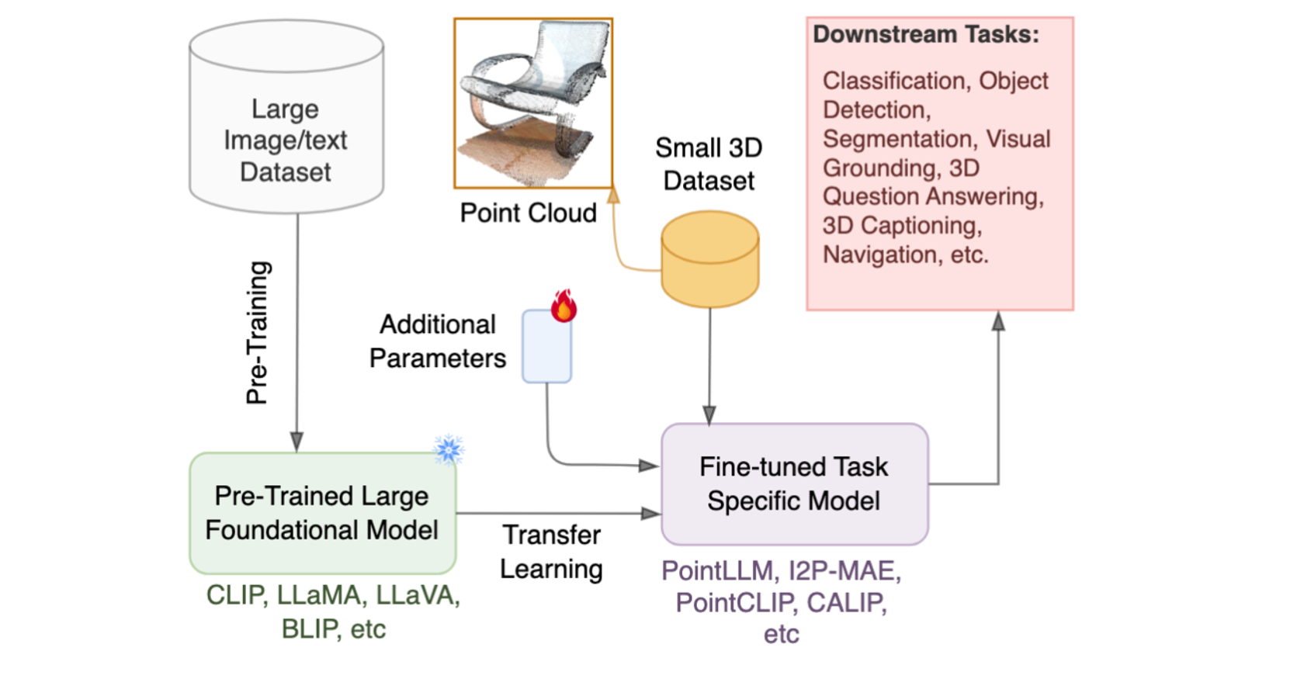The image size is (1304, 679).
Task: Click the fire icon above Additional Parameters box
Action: pyautogui.click(x=564, y=305)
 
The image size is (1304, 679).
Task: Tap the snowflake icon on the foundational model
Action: pyautogui.click(x=449, y=449)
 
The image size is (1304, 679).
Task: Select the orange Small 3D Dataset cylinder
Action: pyautogui.click(x=709, y=259)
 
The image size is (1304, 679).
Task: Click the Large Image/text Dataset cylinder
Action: pyautogui.click(x=286, y=117)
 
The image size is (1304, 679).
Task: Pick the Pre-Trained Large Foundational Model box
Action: pyautogui.click(x=322, y=513)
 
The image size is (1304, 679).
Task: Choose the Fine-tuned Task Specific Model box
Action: pyautogui.click(x=794, y=483)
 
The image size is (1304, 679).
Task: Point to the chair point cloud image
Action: pyautogui.click(x=533, y=103)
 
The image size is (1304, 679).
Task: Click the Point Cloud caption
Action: pyautogui.click(x=528, y=213)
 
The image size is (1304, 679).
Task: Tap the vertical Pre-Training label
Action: pyautogui.click(x=257, y=332)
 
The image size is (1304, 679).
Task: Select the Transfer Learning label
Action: pyautogui.click(x=551, y=552)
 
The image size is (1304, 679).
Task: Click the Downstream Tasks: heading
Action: pyautogui.click(x=925, y=35)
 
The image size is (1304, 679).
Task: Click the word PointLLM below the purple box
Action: pyautogui.click(x=717, y=571)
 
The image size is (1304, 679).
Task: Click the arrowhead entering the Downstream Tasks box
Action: pyautogui.click(x=998, y=320)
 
